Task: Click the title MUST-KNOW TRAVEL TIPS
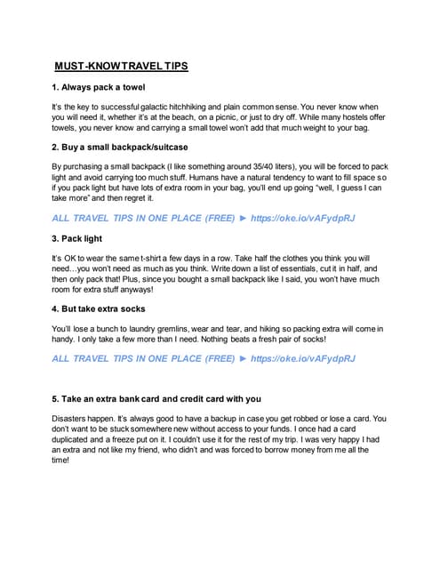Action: click(121, 66)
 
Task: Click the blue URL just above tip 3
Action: click(303, 218)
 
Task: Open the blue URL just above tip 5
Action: click(303, 359)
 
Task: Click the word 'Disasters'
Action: click(73, 418)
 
